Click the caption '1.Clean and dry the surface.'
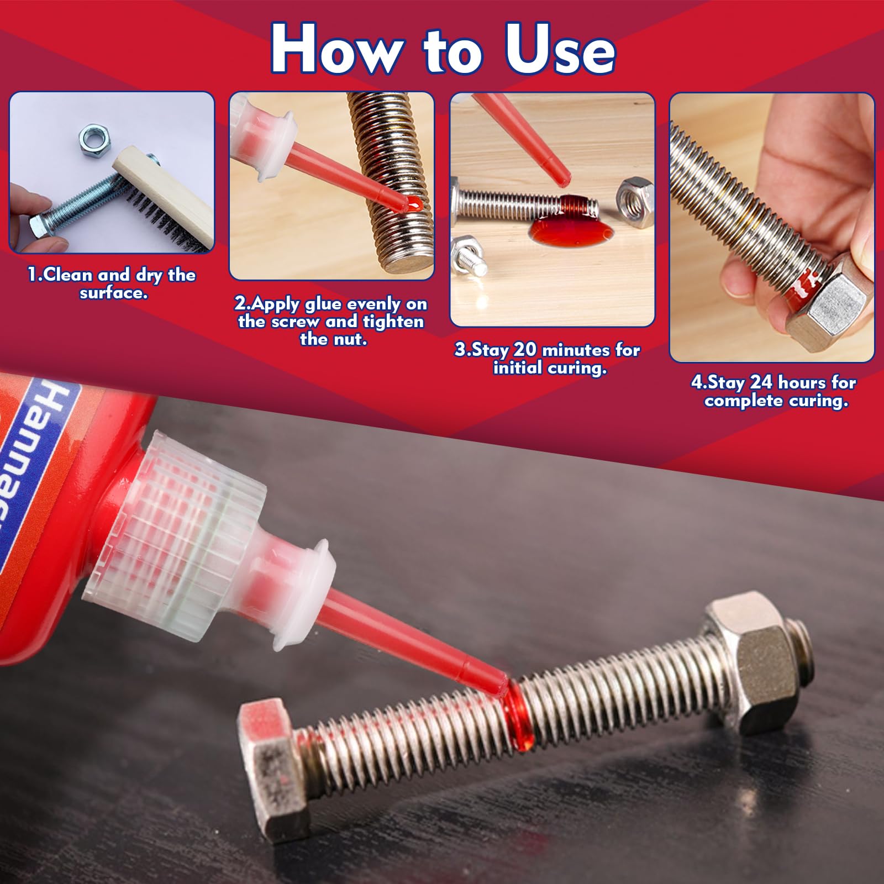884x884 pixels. pyautogui.click(x=112, y=283)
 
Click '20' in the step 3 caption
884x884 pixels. pyautogui.click(x=525, y=350)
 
